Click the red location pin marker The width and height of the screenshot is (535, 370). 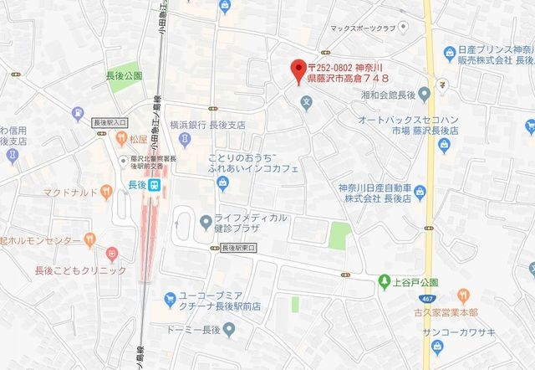point(295,70)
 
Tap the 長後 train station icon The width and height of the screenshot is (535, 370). point(155,188)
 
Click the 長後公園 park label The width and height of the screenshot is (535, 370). point(124,75)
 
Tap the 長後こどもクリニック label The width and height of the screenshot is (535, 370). point(80,270)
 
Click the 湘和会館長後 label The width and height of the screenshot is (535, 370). point(382,94)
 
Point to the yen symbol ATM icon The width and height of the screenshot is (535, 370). point(442,83)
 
